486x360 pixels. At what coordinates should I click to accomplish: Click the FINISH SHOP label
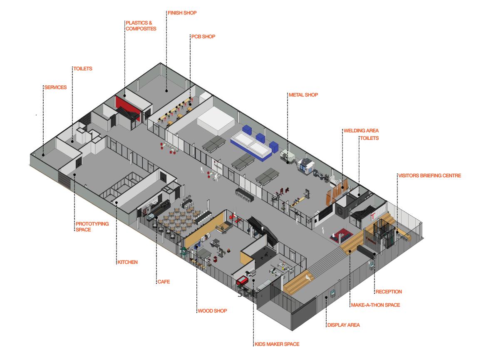[182, 13]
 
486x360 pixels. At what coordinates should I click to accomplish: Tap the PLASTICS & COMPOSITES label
[141, 26]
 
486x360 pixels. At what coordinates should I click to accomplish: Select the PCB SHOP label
[203, 37]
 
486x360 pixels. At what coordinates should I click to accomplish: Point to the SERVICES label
[55, 87]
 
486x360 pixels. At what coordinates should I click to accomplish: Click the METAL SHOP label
[303, 95]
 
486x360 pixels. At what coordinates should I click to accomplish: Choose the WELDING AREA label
[361, 131]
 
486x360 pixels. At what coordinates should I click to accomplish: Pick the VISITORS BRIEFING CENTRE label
[429, 176]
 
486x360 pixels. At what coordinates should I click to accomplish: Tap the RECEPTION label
[388, 292]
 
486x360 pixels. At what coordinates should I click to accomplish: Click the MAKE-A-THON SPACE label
[375, 305]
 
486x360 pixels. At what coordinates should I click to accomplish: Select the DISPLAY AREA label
[343, 325]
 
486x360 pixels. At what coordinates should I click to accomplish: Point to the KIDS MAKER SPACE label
[277, 344]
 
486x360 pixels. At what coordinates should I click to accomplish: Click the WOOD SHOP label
[212, 311]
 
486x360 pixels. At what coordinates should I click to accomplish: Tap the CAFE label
[163, 282]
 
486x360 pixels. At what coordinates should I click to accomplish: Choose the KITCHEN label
[127, 262]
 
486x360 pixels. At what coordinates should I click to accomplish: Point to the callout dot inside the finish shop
[166, 90]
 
